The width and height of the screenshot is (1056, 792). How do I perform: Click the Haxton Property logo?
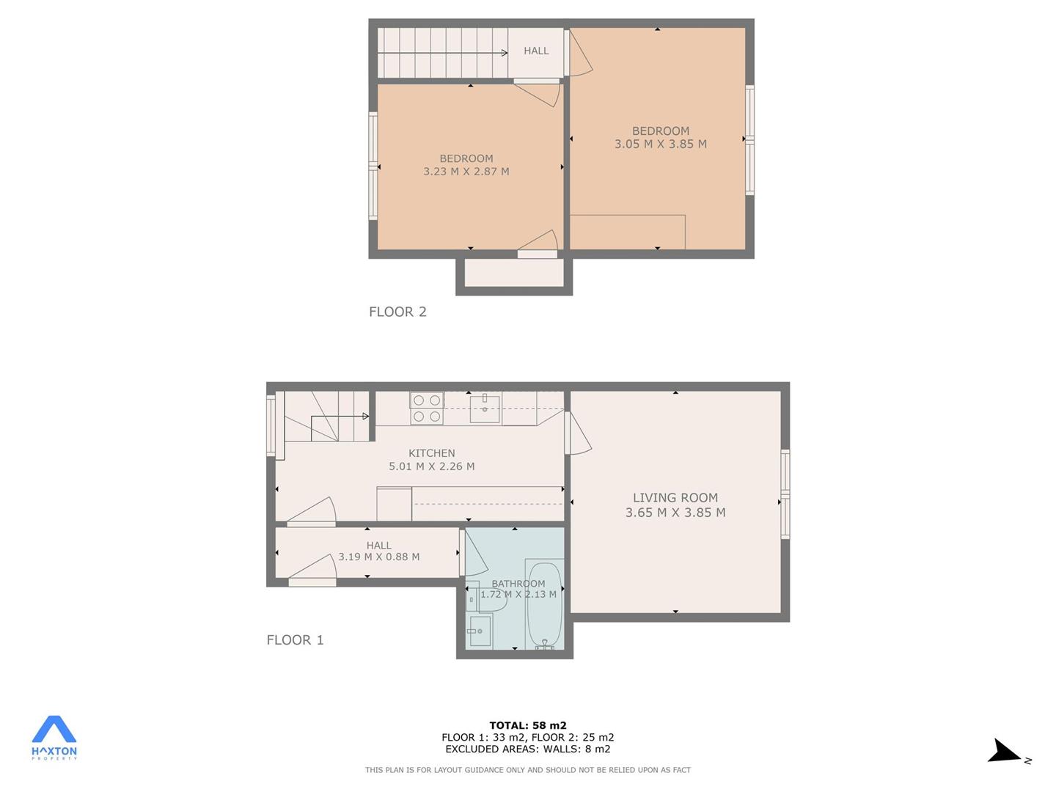click(54, 737)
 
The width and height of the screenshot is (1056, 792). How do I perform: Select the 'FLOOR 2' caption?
click(397, 312)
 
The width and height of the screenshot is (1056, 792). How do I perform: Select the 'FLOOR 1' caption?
click(295, 639)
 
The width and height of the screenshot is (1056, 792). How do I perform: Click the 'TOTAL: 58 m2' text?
click(528, 725)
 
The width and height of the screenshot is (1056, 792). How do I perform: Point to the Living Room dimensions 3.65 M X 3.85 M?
click(675, 512)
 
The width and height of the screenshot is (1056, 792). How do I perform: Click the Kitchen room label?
click(431, 453)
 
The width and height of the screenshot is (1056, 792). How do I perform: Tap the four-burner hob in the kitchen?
click(427, 408)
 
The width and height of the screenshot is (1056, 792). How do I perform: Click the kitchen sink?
click(485, 408)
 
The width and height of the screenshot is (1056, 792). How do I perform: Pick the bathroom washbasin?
click(478, 631)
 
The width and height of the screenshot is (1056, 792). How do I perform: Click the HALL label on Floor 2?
click(536, 51)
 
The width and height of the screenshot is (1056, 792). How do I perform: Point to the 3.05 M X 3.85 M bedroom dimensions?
click(661, 144)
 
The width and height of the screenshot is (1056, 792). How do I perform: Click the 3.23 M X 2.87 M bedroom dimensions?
click(466, 171)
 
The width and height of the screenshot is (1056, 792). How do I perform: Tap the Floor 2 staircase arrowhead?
click(505, 53)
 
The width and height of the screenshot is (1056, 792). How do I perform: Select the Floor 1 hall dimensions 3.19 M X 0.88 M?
click(378, 557)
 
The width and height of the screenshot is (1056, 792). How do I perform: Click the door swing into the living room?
click(579, 432)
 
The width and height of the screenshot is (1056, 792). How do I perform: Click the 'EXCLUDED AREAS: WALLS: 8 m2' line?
click(528, 749)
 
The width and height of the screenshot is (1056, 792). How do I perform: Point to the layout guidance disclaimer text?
click(528, 770)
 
